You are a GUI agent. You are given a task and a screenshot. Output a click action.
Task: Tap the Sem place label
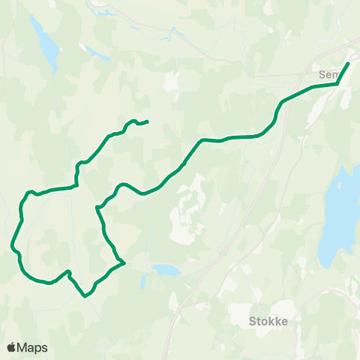[328, 75]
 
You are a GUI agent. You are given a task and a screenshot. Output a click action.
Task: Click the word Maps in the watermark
[34, 347]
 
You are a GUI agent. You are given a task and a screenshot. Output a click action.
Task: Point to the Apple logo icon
[12, 347]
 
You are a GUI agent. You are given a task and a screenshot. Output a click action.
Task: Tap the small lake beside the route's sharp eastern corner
[166, 269]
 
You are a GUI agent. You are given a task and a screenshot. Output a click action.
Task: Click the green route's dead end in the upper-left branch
[147, 121]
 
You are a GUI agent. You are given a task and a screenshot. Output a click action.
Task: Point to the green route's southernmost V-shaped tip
[85, 295]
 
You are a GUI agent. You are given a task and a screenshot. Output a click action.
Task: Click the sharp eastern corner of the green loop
[123, 262]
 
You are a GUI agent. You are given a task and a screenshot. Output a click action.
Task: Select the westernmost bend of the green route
[12, 244]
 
